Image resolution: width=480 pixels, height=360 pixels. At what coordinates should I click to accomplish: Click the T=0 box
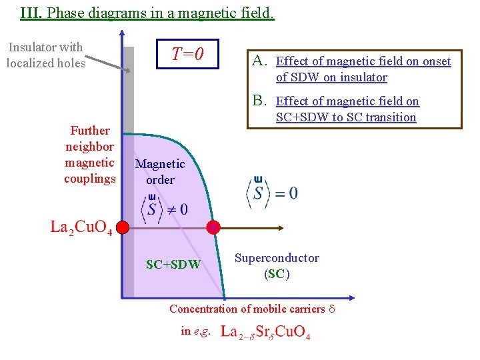(187, 53)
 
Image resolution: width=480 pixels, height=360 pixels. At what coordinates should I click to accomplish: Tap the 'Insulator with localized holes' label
(45, 55)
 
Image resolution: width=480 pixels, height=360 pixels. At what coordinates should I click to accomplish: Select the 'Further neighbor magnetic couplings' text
(90, 155)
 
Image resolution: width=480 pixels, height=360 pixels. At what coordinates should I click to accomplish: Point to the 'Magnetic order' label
(160, 171)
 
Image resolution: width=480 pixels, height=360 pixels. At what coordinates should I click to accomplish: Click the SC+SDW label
(173, 264)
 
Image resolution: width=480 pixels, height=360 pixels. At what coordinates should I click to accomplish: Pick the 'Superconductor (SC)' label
(277, 265)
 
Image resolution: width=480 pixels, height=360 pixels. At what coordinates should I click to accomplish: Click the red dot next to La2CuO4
(122, 228)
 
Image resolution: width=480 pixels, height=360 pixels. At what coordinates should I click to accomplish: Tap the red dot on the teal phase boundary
(213, 227)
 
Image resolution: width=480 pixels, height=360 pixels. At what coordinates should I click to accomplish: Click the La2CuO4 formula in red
(81, 227)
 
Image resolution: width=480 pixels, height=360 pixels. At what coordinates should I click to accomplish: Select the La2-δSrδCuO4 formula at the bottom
(265, 331)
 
